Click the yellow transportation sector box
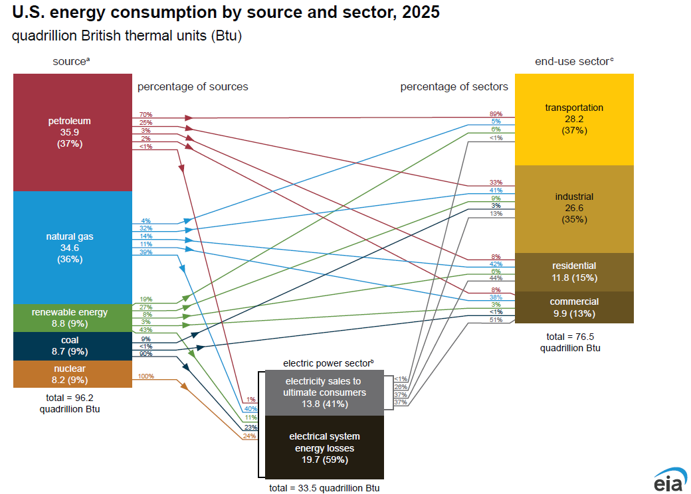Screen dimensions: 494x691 (574, 119)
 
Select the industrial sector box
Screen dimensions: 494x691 (574, 208)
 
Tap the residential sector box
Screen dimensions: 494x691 (574, 272)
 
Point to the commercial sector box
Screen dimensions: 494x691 (574, 307)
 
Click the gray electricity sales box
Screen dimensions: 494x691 (324, 392)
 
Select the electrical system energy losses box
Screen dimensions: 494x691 (324, 447)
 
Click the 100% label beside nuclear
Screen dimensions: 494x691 (146, 376)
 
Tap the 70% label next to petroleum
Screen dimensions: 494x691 (146, 114)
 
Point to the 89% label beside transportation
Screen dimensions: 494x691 (496, 114)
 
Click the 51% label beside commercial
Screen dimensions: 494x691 (496, 320)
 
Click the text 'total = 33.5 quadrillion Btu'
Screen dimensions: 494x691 (324, 487)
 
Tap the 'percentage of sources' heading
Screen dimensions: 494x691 (193, 87)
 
